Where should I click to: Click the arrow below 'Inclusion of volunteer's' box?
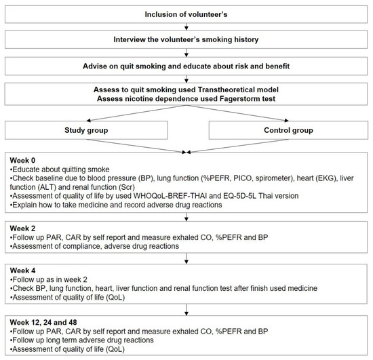coord(186,26)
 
